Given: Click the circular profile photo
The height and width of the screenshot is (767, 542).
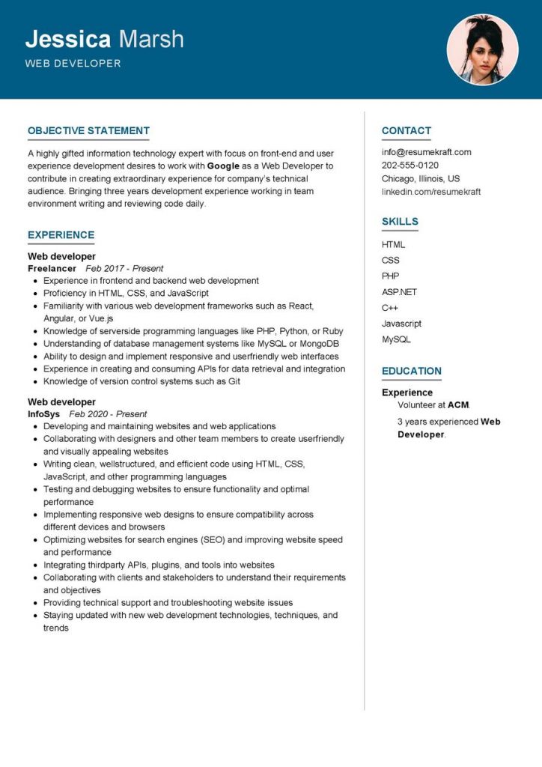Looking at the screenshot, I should (x=482, y=49).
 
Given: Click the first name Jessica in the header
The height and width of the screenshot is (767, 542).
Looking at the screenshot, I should (x=68, y=40).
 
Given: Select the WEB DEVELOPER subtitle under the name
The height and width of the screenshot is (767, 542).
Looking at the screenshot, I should (x=73, y=64).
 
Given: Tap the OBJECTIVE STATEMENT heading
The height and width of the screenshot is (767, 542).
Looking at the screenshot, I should (x=88, y=130).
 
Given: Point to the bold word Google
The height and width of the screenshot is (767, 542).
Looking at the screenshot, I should (x=224, y=166).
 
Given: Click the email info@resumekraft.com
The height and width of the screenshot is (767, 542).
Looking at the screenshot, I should (x=426, y=152).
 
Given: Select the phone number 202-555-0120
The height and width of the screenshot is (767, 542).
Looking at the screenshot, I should (x=410, y=166).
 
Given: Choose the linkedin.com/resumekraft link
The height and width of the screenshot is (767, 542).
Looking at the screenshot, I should (x=430, y=192).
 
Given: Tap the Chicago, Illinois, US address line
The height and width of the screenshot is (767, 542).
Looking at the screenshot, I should (x=421, y=178).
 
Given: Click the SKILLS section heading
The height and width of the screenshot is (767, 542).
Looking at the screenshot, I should (x=400, y=222).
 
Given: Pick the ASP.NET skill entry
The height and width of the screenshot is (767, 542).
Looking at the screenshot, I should (x=399, y=292).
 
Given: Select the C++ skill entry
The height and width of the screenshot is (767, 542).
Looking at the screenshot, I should (x=390, y=308).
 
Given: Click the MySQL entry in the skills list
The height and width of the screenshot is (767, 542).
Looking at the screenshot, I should (x=396, y=339).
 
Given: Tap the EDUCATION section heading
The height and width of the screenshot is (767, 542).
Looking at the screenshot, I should (x=411, y=371).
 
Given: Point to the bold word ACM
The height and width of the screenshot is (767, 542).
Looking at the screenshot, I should (x=458, y=405).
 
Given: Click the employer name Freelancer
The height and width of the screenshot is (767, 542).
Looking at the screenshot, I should (x=52, y=268).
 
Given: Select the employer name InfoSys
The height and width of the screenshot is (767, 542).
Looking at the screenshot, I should (x=45, y=413).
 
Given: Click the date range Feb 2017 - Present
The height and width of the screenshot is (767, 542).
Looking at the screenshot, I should (x=124, y=268).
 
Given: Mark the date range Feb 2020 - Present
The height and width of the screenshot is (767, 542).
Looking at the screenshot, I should (x=108, y=413).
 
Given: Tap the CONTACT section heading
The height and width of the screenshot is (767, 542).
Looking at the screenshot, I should (x=406, y=130).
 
